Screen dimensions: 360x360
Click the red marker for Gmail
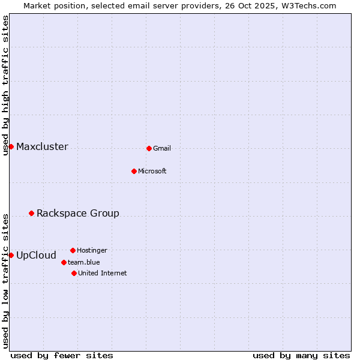pyautogui.click(x=149, y=148)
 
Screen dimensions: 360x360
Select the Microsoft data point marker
pyautogui.click(x=134, y=171)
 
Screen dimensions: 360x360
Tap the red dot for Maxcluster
pyautogui.click(x=11, y=146)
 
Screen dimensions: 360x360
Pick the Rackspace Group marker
pyautogui.click(x=31, y=213)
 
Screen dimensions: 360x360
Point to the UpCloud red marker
pyautogui.click(x=11, y=255)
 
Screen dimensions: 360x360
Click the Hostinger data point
pyautogui.click(x=73, y=250)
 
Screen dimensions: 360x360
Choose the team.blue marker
pyautogui.click(x=64, y=262)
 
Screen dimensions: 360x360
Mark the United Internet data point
pyautogui.click(x=74, y=273)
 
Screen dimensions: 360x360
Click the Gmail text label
pyautogui.click(x=162, y=148)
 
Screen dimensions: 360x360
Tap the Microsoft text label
pyautogui.click(x=152, y=171)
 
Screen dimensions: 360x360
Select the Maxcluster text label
pyautogui.click(x=42, y=147)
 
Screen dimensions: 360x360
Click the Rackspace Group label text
pyautogui.click(x=78, y=213)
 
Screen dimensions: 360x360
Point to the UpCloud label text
pyautogui.click(x=36, y=255)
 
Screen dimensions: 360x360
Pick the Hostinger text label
pyautogui.click(x=92, y=250)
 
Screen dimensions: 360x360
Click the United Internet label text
pyautogui.click(x=103, y=273)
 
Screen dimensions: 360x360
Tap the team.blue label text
pyautogui.click(x=84, y=262)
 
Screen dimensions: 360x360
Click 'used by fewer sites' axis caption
pyautogui.click(x=62, y=355)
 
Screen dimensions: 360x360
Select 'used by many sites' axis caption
pyautogui.click(x=301, y=355)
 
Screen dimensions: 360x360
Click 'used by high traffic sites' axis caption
pyautogui.click(x=5, y=85)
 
